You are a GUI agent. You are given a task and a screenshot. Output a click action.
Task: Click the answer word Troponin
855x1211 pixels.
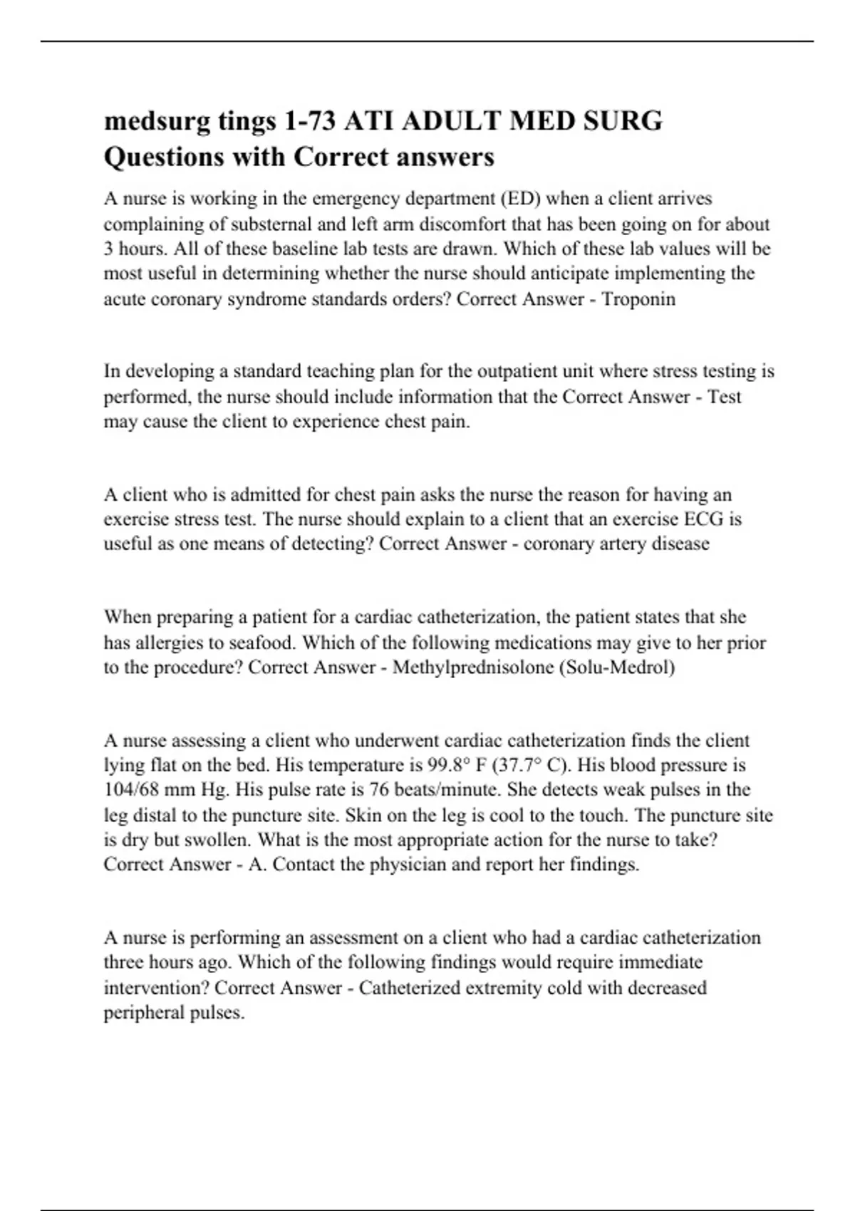click(638, 299)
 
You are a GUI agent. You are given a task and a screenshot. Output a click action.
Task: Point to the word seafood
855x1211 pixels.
click(262, 643)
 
